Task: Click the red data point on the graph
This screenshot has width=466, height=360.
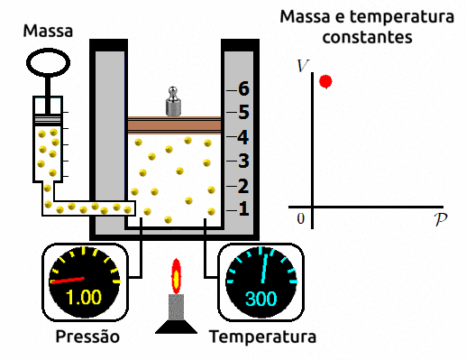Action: pyautogui.click(x=325, y=81)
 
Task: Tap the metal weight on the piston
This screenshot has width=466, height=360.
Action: pyautogui.click(x=173, y=101)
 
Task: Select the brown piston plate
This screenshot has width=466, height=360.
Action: pyautogui.click(x=175, y=125)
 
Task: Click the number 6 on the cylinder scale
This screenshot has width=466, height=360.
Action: pyautogui.click(x=243, y=88)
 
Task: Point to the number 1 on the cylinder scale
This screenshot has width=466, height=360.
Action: pyautogui.click(x=244, y=208)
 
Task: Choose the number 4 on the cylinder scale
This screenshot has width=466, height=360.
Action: pyautogui.click(x=243, y=137)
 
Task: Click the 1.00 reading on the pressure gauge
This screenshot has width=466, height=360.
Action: pyautogui.click(x=84, y=297)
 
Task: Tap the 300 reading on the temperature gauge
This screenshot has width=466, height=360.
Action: pyautogui.click(x=260, y=299)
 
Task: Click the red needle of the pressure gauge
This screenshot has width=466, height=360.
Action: pyautogui.click(x=68, y=280)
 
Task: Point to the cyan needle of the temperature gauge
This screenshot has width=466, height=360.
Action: pyautogui.click(x=264, y=269)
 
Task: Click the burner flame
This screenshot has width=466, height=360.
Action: pyautogui.click(x=176, y=276)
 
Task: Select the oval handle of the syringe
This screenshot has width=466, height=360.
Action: pyautogui.click(x=48, y=62)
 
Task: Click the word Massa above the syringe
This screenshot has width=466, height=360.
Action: pyautogui.click(x=48, y=31)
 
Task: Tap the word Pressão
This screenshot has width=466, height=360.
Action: pyautogui.click(x=87, y=336)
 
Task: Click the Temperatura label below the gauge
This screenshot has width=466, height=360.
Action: pyautogui.click(x=263, y=337)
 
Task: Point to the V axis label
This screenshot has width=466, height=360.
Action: pyautogui.click(x=303, y=66)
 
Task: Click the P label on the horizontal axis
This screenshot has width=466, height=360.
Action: pyautogui.click(x=441, y=219)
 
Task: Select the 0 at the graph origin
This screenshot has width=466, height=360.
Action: pyautogui.click(x=301, y=218)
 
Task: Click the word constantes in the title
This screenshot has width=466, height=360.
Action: pyautogui.click(x=367, y=37)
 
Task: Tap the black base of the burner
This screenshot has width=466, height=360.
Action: pyautogui.click(x=176, y=327)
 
